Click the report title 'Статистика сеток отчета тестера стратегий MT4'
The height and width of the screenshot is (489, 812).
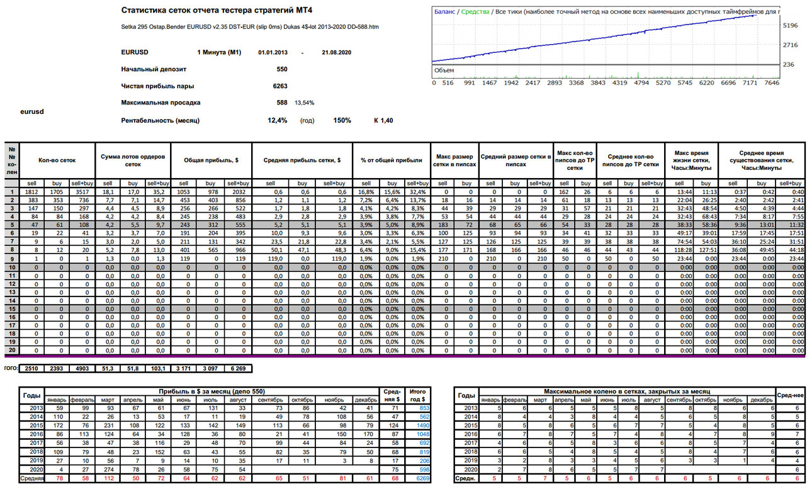(217, 10)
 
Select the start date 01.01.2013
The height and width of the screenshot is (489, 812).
(273, 53)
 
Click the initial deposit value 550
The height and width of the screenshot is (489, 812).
(281, 69)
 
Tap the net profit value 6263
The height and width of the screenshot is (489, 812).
(280, 86)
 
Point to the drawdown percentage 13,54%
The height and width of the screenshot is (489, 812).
(304, 103)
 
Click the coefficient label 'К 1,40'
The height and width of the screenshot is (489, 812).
(383, 120)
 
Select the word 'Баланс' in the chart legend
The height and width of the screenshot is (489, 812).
(444, 12)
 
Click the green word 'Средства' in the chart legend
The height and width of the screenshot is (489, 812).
(475, 12)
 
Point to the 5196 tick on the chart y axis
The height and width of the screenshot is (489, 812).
(790, 26)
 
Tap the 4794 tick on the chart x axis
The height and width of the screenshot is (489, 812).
(641, 83)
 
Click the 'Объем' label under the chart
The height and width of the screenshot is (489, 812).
(444, 70)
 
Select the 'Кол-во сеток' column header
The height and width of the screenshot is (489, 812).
(57, 160)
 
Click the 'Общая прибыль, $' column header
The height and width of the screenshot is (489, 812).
(211, 160)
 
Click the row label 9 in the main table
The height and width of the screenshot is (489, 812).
(12, 259)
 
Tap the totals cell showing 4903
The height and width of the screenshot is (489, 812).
(82, 369)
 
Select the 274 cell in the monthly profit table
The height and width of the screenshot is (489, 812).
(109, 469)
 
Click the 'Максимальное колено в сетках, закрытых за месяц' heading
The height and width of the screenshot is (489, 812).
(627, 391)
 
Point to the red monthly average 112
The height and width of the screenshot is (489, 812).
(109, 478)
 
